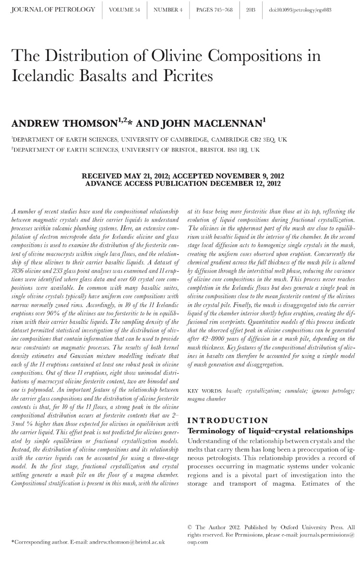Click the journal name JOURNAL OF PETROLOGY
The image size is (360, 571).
point(53,10)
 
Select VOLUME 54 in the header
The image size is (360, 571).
point(124,10)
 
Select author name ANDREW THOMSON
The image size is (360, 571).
point(62,124)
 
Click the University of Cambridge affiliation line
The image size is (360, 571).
point(149,140)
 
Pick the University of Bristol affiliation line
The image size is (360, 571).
point(136,150)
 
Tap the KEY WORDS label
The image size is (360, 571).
point(205,392)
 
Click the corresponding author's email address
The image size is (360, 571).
point(127,541)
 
